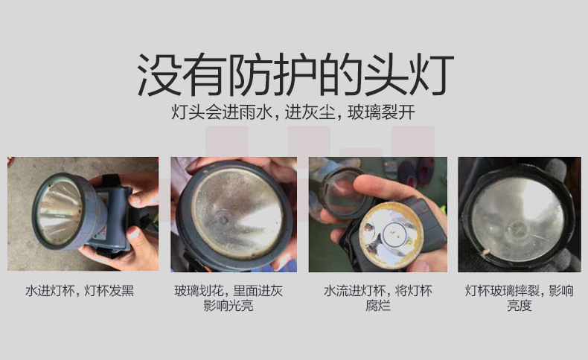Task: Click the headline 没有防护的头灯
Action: pyautogui.click(x=295, y=74)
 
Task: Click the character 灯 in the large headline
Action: pyautogui.click(x=432, y=74)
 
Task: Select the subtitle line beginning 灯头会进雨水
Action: pyautogui.click(x=293, y=112)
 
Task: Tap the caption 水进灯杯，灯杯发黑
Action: pyautogui.click(x=80, y=291)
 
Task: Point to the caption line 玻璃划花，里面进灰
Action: pyautogui.click(x=229, y=291)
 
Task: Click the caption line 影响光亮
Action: pyautogui.click(x=229, y=306)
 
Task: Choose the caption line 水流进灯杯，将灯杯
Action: pyautogui.click(x=378, y=291)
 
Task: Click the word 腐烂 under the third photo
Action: pyautogui.click(x=378, y=306)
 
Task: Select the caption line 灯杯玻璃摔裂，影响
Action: pyautogui.click(x=520, y=291)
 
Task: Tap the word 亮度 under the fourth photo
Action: pyautogui.click(x=520, y=306)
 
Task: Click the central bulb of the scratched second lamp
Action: pyautogui.click(x=223, y=219)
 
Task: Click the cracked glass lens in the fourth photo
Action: pyautogui.click(x=517, y=220)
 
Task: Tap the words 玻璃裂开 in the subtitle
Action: pyautogui.click(x=381, y=112)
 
